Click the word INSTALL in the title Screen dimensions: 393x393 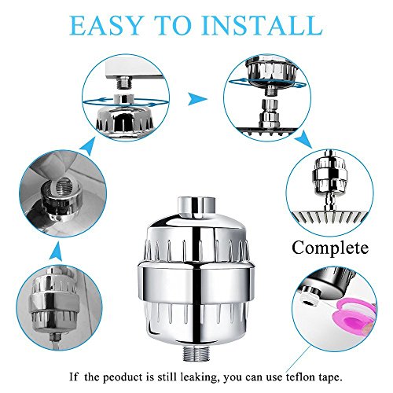point(263,26)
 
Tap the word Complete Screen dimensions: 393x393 point(330,248)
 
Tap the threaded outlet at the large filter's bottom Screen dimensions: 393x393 point(196,353)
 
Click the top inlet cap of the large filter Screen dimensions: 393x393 point(196,207)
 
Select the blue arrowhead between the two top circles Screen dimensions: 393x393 point(197,99)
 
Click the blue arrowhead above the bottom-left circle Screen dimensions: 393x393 point(57,251)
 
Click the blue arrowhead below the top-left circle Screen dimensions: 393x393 point(88,146)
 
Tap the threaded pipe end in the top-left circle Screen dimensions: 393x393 point(123,83)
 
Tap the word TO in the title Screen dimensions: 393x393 point(174,26)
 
